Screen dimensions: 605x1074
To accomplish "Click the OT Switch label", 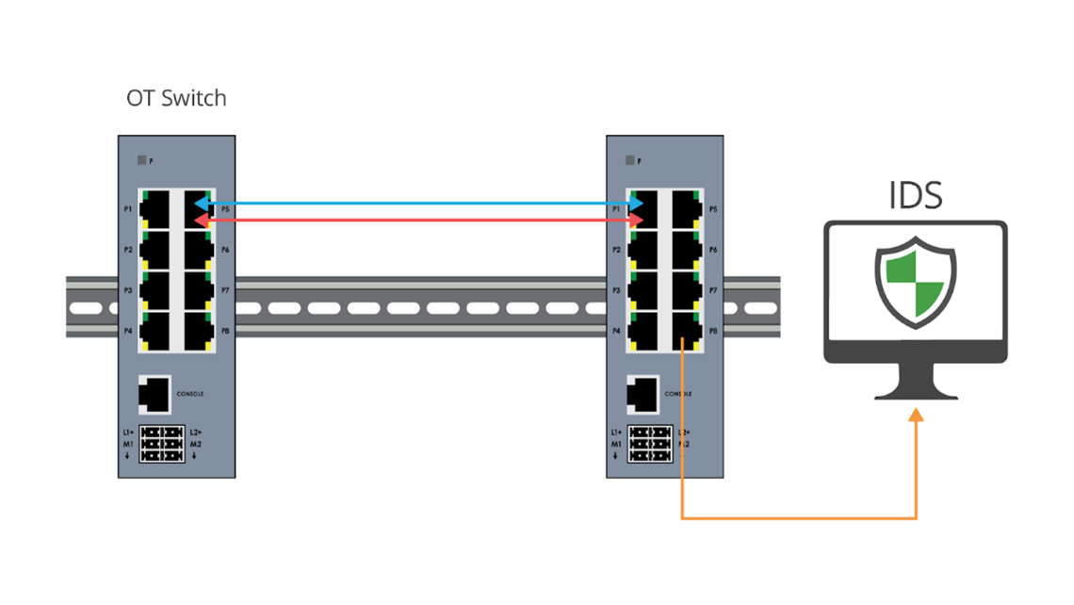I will [176, 97].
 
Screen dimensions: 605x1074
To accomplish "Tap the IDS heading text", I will [916, 195].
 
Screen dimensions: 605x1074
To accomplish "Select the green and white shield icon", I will [916, 280].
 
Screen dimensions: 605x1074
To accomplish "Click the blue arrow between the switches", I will [419, 204].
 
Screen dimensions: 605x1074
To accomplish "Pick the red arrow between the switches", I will [419, 220].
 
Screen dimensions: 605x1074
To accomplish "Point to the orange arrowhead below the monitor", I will [916, 416].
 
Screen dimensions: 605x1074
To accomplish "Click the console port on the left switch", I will [155, 393].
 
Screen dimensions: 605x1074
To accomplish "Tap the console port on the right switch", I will [643, 393].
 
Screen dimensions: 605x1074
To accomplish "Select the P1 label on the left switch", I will [127, 208].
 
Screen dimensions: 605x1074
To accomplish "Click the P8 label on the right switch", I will [713, 331].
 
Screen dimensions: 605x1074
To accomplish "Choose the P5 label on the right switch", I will [713, 208].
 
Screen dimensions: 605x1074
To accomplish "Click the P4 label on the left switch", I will [127, 331].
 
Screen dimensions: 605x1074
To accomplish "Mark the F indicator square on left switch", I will [141, 160].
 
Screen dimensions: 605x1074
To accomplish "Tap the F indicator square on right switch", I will [630, 160].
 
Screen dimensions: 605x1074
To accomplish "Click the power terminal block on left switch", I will [162, 444].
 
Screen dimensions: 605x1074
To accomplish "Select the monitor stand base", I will [916, 394].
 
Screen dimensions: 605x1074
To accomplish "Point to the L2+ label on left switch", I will [196, 432].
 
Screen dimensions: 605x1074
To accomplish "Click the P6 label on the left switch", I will [224, 250].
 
